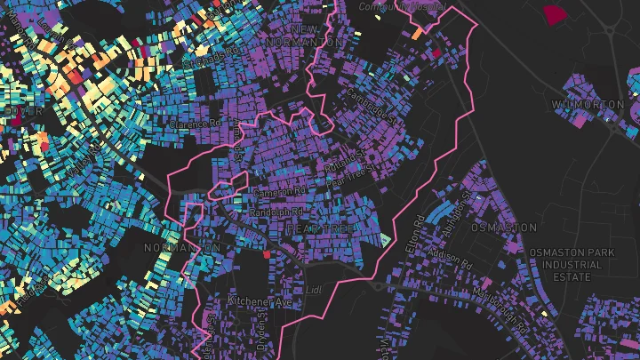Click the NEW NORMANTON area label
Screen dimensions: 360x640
pos(305,36)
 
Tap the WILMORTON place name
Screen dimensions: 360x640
pos(588,105)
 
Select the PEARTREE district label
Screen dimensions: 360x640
pos(319,229)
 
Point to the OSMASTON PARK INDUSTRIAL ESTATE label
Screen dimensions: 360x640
pos(572,265)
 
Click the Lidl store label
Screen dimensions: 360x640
pos(312,290)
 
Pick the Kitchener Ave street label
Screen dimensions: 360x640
pos(260,301)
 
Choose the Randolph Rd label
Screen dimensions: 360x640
pos(278,213)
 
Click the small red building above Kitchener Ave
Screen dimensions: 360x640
pos(265,255)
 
